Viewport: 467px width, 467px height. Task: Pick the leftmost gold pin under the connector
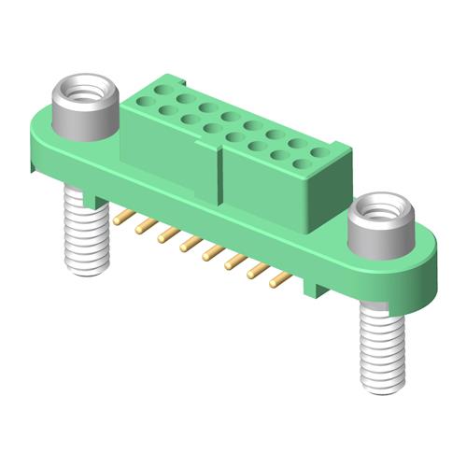coord(120,218)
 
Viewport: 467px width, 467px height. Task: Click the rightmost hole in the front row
coord(300,163)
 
